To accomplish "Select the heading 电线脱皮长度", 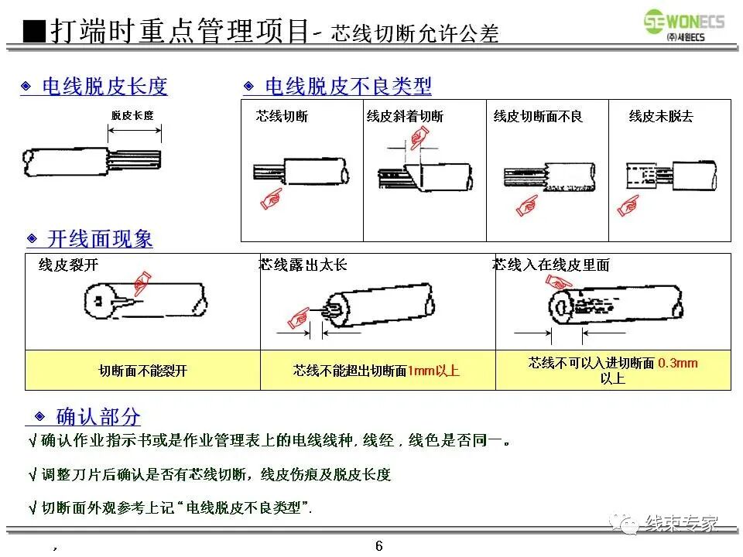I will click(104, 86).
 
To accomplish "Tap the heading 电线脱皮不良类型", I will click(348, 86).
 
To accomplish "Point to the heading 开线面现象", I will click(100, 239).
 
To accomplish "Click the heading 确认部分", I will click(98, 417).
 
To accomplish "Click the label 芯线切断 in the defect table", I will click(282, 117).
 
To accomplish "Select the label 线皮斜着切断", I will click(405, 117).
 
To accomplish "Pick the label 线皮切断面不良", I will click(538, 117).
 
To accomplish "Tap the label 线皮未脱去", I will click(661, 117).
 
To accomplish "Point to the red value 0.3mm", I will click(677, 363).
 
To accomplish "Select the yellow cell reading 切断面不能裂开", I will click(143, 371).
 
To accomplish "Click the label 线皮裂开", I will click(69, 265).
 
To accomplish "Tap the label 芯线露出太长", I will click(303, 265).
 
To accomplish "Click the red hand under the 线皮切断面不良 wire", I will click(527, 205).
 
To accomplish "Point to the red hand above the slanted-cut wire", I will click(419, 138).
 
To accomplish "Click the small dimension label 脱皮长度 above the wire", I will click(132, 115).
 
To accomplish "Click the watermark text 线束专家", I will click(682, 523).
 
